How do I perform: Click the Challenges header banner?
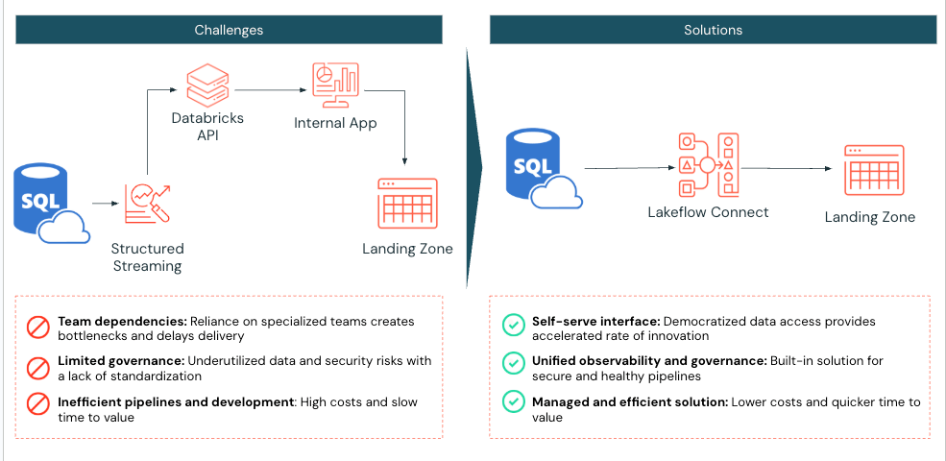(229, 30)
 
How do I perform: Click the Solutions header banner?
(713, 30)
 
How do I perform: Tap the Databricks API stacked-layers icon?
(207, 85)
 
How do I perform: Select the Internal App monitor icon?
(334, 85)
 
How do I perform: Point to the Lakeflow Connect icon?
(708, 165)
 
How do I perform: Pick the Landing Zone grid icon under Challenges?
(407, 203)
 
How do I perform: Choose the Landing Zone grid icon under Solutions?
(873, 171)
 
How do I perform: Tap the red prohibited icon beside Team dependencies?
(37, 328)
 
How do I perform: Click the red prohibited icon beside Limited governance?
(37, 368)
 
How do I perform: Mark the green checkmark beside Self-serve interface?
(513, 327)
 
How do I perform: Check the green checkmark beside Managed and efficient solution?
(513, 407)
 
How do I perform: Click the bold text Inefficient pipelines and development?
(176, 401)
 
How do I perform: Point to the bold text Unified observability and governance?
(648, 360)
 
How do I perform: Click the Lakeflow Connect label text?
(708, 211)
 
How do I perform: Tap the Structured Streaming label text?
(147, 257)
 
